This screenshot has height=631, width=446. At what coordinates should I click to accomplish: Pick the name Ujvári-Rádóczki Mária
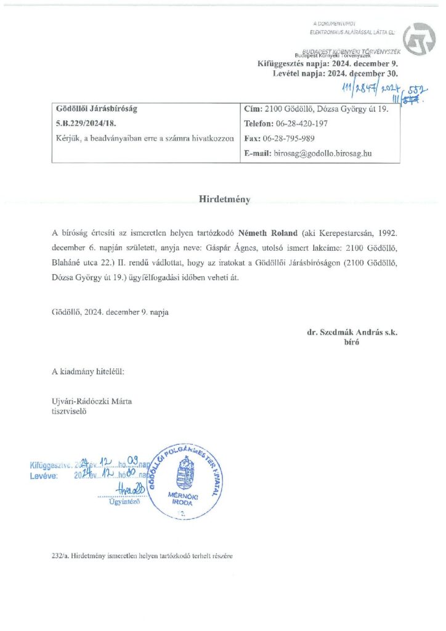tap(92, 402)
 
